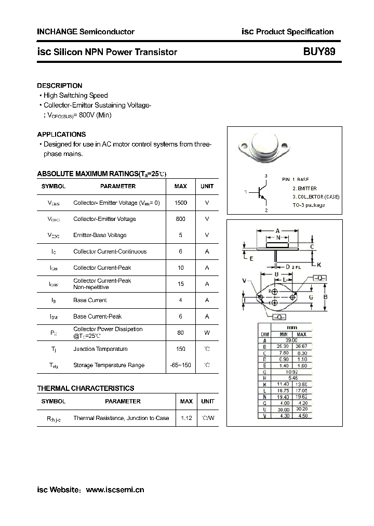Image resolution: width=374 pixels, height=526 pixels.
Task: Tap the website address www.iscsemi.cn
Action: [x=114, y=490]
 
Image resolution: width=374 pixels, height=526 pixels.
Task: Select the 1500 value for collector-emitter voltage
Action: [x=181, y=203]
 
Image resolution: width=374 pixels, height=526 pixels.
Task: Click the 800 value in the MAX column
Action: [x=181, y=219]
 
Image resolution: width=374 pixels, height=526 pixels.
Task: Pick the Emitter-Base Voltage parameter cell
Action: [x=100, y=235]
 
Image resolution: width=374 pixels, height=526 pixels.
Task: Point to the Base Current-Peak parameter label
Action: [x=98, y=316]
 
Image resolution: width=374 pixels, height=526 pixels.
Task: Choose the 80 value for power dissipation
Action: [x=181, y=333]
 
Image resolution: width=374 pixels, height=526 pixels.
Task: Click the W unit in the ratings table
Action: [x=207, y=333]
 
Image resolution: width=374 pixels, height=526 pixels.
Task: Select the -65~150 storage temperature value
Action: [x=181, y=365]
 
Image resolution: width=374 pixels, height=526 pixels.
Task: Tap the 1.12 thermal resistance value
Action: [x=186, y=418]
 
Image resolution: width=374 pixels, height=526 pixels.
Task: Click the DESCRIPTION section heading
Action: [x=60, y=86]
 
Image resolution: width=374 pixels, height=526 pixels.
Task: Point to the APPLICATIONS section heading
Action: [x=61, y=134]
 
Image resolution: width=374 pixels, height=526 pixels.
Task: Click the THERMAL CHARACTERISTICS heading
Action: [x=86, y=388]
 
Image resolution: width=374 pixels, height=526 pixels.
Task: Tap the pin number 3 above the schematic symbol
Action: [x=266, y=176]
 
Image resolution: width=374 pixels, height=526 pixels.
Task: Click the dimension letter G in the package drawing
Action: [x=311, y=297]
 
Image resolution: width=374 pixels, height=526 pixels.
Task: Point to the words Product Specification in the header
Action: [x=295, y=32]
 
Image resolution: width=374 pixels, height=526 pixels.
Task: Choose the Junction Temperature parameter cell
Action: [x=101, y=349]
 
